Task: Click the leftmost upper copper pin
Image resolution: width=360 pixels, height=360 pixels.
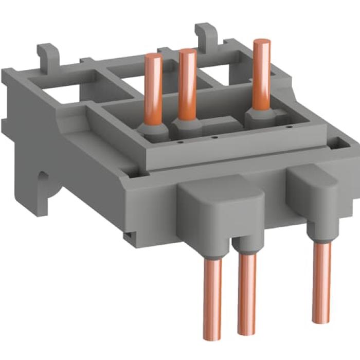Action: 154,87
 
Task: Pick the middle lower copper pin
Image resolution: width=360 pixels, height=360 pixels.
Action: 247,298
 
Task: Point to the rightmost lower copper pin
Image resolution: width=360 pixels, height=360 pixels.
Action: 321,278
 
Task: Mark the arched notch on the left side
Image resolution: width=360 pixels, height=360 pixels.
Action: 44,185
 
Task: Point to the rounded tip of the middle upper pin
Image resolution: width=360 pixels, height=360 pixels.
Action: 187,52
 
